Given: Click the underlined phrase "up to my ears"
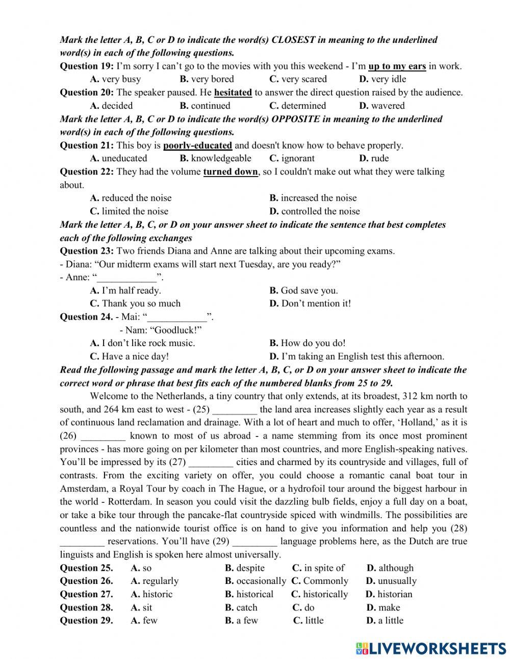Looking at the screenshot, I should (x=397, y=66).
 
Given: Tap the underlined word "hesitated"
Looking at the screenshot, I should (x=233, y=92).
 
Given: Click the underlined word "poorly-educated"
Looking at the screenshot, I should (x=197, y=145).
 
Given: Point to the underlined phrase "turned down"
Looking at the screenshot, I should (x=231, y=172).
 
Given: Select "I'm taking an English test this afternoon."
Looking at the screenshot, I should (x=356, y=356).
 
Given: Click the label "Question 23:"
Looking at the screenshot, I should (x=87, y=251).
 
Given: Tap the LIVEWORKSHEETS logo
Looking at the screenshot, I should (x=431, y=648).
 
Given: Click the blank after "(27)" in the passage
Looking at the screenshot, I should (x=211, y=462).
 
